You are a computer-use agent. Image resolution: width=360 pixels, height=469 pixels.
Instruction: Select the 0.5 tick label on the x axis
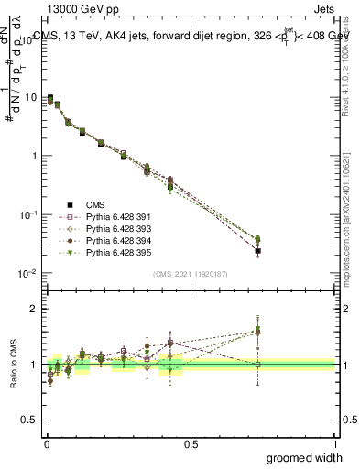click(191, 443)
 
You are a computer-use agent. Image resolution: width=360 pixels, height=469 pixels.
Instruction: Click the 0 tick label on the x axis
click(47, 443)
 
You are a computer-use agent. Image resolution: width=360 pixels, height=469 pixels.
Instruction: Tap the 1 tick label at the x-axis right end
click(334, 443)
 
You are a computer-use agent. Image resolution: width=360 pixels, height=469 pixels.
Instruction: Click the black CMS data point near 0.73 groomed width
click(258, 251)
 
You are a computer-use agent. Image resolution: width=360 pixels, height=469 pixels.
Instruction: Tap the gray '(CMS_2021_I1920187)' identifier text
click(191, 274)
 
